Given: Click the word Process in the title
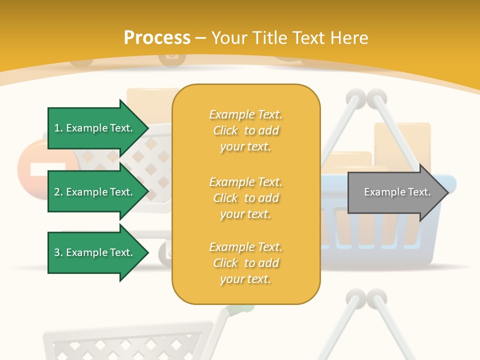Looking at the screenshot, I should point(157,38).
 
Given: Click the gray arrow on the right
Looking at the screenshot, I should point(395,192).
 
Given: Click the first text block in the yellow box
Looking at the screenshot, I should point(245,130).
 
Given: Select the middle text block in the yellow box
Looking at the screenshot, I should point(245,198).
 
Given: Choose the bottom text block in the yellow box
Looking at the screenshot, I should point(245,263).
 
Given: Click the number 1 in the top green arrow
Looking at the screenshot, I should point(57,128).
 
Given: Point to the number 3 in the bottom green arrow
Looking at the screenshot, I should point(57,252).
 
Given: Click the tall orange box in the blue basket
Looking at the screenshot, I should point(403,145).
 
